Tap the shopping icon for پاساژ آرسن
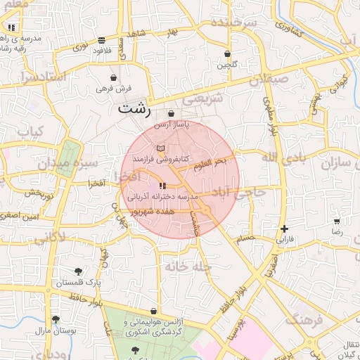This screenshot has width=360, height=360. point(172,113)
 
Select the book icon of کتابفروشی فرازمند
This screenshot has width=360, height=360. point(161,148)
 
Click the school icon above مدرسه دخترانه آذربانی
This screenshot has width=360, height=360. point(162,186)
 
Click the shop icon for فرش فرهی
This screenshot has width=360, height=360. point(114,77)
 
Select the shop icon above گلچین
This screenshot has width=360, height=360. point(227,53)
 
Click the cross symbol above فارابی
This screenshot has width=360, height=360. point(283,229)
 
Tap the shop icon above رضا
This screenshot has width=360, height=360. point(337,221)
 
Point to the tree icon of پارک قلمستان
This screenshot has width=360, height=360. point(77,271)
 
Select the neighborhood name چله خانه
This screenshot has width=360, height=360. point(188,267)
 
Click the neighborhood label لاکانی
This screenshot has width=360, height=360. point(49,238)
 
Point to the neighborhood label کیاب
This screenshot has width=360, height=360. point(30,132)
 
